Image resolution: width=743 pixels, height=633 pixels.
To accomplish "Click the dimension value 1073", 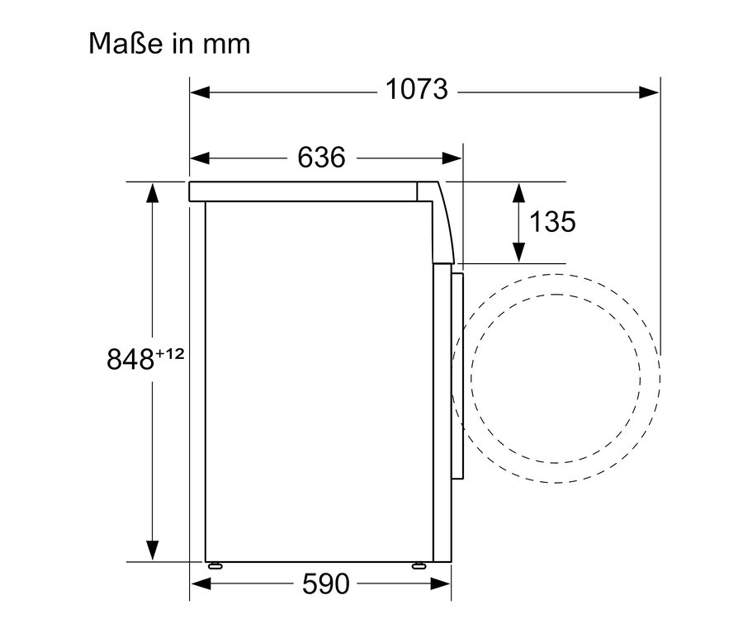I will (x=417, y=89).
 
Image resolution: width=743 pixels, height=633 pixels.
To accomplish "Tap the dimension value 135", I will (x=552, y=221).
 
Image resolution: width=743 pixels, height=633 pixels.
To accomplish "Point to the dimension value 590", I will (x=325, y=584).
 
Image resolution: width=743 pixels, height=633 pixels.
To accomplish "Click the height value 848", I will (x=130, y=358).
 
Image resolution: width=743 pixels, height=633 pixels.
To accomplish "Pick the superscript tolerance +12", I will (x=168, y=352).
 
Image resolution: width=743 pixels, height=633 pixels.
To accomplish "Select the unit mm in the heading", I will (x=225, y=44).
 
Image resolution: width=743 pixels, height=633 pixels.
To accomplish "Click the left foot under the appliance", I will (x=215, y=565).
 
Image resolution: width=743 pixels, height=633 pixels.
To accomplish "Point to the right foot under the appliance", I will (x=419, y=565).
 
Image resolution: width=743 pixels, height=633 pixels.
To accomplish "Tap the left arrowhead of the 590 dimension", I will (x=200, y=585).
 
